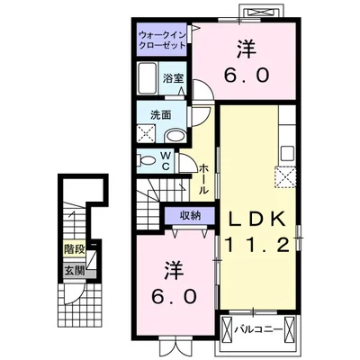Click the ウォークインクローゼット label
pyautogui.click(x=162, y=40)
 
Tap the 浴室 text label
pyautogui.click(x=173, y=78)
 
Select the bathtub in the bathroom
pyautogui.click(x=148, y=78)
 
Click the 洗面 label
pyautogui.click(x=161, y=115)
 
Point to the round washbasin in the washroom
pyautogui.click(x=175, y=137)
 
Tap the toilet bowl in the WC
pyautogui.click(x=146, y=161)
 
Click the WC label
pyautogui.click(x=166, y=161)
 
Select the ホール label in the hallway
pyautogui.click(x=203, y=179)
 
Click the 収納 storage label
pyautogui.click(x=190, y=216)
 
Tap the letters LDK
pyautogui.click(x=256, y=220)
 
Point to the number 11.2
pyautogui.click(x=256, y=244)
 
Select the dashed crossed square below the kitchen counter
pyautogui.click(x=286, y=177)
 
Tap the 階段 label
pyautogui.click(x=75, y=249)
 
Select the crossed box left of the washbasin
pyautogui.click(x=146, y=133)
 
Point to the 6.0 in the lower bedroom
pyautogui.click(x=174, y=296)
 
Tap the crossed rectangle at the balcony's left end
pyautogui.click(x=226, y=329)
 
